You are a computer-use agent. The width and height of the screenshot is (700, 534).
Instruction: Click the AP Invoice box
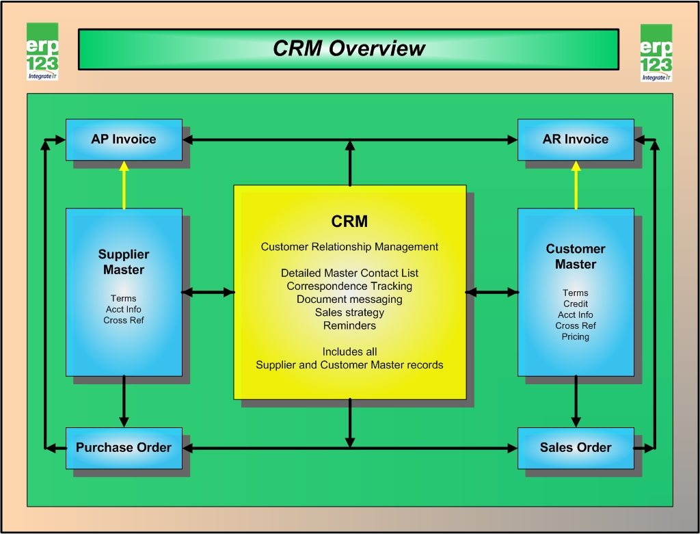(x=124, y=139)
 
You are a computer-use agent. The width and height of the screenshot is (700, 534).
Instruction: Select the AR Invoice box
(x=576, y=139)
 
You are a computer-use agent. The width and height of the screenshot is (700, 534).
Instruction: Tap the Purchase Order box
(x=124, y=448)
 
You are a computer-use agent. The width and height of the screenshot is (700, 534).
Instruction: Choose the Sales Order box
(x=576, y=448)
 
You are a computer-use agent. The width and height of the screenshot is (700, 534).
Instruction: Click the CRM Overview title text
(x=349, y=49)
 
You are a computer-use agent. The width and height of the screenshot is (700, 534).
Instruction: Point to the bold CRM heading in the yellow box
(x=349, y=221)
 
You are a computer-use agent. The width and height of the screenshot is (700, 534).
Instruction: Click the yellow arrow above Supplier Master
(x=124, y=185)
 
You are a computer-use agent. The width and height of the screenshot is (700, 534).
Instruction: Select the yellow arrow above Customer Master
(x=576, y=185)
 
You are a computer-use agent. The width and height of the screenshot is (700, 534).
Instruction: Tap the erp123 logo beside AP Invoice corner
(x=42, y=51)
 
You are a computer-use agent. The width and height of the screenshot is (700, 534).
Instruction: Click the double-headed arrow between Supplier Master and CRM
(x=208, y=293)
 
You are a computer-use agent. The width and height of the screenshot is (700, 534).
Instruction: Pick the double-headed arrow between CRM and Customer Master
(x=492, y=293)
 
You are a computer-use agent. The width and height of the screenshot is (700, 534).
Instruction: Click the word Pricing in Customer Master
(x=576, y=336)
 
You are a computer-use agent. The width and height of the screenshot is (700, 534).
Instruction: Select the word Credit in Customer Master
(x=576, y=304)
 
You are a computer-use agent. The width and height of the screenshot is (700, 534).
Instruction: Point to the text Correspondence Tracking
(x=349, y=286)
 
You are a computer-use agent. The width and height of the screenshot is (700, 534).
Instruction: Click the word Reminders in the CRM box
(x=349, y=325)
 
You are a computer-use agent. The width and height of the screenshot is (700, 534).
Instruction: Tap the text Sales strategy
(x=349, y=312)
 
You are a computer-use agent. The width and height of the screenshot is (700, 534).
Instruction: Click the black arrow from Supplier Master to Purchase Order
(x=124, y=401)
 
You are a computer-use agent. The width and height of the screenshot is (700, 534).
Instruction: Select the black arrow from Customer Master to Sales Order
(x=576, y=401)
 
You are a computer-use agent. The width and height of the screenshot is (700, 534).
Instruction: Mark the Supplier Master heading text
(x=124, y=262)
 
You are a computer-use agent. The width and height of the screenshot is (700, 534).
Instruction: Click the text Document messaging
(x=349, y=299)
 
